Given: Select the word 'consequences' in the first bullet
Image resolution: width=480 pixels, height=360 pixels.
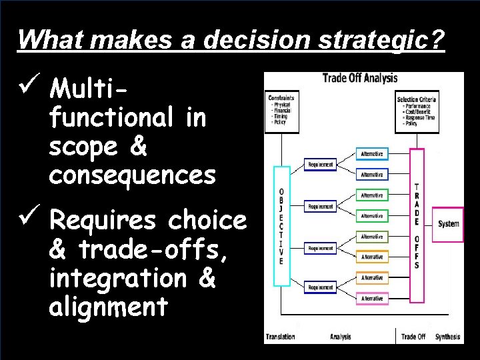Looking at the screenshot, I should [132, 175].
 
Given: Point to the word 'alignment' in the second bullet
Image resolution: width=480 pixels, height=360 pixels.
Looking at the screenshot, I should [108, 307].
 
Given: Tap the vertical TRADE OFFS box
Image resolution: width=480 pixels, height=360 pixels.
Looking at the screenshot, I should [417, 225].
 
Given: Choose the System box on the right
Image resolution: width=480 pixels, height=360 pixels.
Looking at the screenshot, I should [448, 223].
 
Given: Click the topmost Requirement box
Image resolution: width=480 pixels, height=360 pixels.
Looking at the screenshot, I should [321, 165].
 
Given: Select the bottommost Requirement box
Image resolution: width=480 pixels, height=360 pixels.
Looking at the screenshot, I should [321, 287].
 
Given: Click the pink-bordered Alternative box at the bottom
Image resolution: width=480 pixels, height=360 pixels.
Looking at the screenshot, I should [371, 299].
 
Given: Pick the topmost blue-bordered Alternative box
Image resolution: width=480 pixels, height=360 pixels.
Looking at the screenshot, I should [371, 154].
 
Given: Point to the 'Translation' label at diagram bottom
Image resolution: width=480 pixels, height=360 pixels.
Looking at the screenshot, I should [281, 337].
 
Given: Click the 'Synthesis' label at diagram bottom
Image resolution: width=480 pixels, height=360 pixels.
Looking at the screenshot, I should [447, 337].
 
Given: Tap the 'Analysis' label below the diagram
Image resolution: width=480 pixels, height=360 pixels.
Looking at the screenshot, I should [340, 337].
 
